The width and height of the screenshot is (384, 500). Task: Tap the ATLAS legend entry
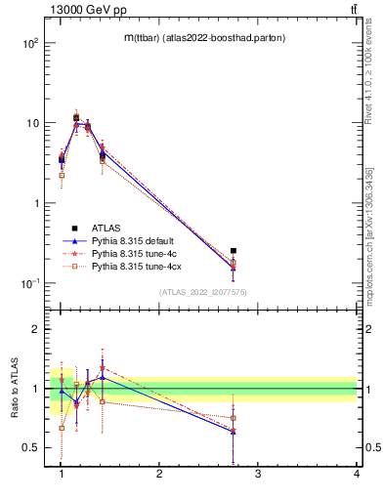click(106, 227)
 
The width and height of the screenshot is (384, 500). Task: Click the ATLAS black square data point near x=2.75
click(233, 251)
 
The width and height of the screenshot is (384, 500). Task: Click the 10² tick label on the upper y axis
click(30, 44)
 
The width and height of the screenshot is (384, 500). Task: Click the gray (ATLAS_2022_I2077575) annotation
click(201, 292)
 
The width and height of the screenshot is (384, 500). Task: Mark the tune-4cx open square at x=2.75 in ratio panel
click(233, 418)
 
